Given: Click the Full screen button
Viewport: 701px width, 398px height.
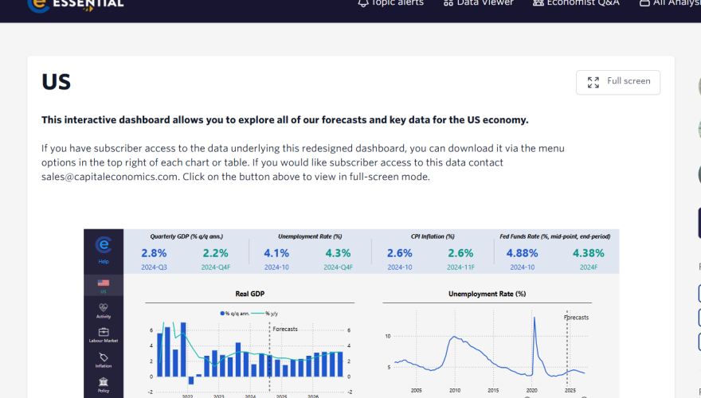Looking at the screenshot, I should [x=617, y=82].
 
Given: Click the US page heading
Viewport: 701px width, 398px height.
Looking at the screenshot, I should [x=57, y=82].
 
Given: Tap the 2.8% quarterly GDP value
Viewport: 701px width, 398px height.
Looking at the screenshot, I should [x=154, y=253].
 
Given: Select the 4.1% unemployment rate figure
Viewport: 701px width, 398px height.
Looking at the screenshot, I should [x=276, y=253].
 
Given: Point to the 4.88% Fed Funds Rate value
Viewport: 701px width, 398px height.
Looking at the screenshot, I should [x=522, y=253].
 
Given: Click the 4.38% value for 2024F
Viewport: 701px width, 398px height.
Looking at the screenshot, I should [x=589, y=253].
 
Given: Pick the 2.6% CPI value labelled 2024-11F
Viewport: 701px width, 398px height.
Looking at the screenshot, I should [x=460, y=253].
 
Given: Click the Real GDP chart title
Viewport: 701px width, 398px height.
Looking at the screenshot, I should [x=250, y=294].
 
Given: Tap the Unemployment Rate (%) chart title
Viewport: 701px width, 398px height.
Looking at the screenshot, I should [x=487, y=294].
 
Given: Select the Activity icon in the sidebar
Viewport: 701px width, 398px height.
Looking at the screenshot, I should [x=104, y=310].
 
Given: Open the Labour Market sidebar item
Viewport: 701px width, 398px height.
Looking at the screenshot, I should [x=104, y=335].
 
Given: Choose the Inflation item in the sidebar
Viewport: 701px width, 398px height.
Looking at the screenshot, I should [x=104, y=361].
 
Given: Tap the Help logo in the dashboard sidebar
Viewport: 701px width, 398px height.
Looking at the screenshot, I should [x=104, y=249].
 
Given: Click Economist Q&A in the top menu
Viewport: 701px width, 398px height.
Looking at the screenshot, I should [x=576, y=3].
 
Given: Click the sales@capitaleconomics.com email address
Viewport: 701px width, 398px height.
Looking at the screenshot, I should [x=109, y=177].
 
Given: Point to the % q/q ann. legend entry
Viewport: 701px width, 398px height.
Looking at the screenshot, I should [x=237, y=313].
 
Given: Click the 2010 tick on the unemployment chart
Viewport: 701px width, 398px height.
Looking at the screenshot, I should [x=454, y=390].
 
